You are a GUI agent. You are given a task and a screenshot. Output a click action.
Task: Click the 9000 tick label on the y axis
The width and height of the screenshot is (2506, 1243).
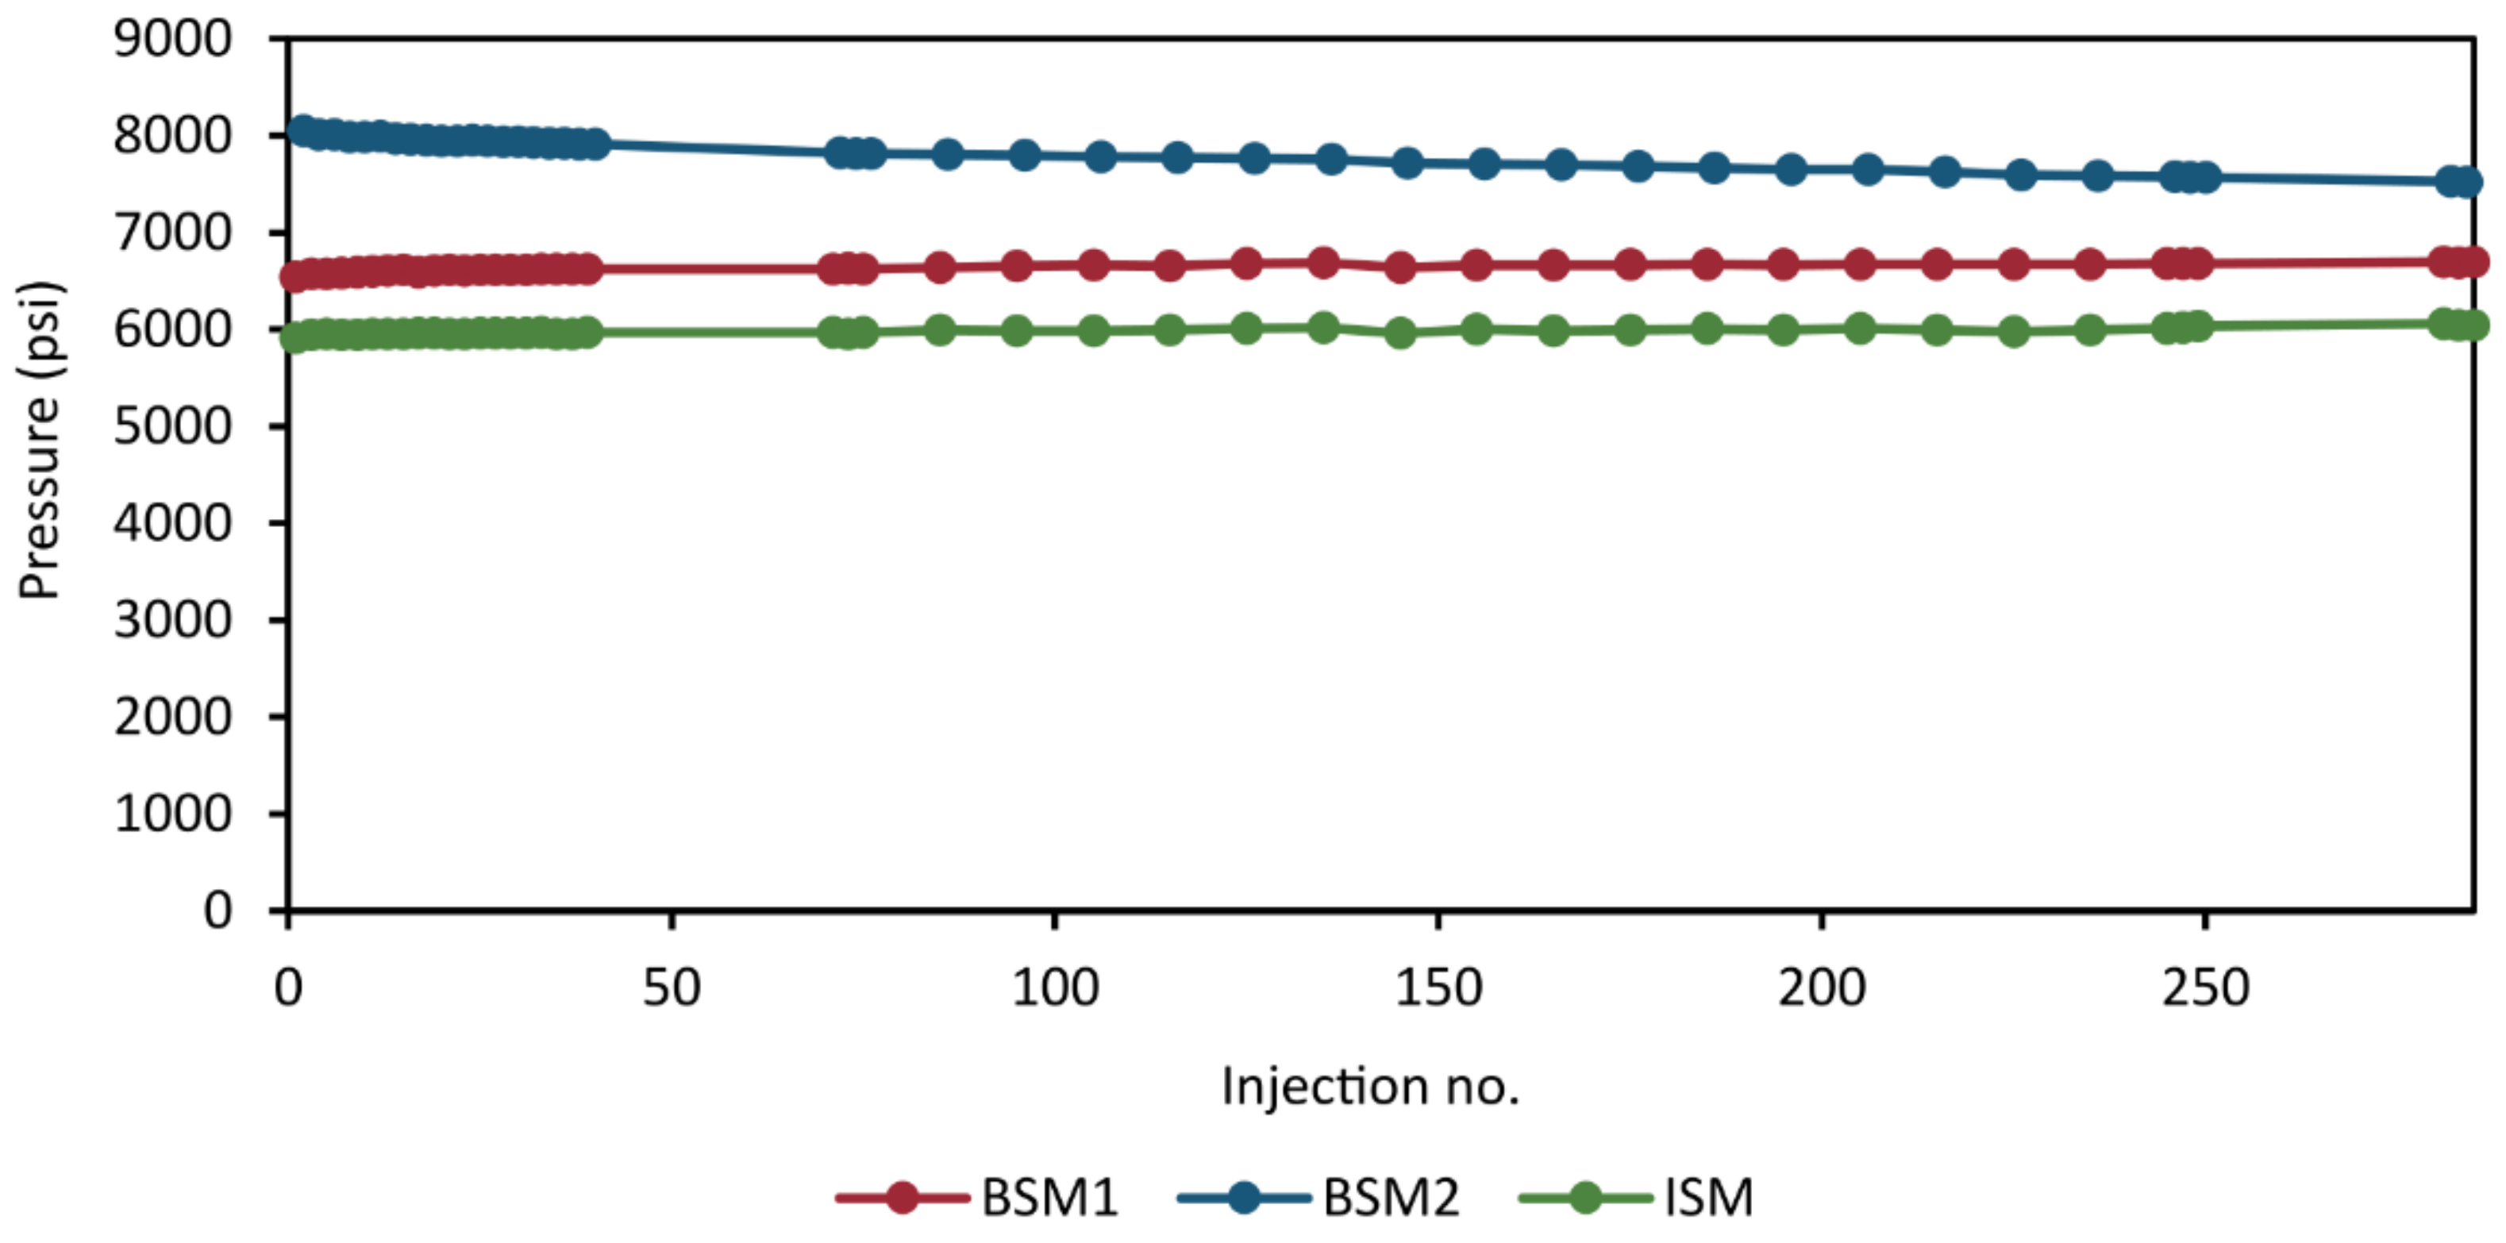click(x=172, y=40)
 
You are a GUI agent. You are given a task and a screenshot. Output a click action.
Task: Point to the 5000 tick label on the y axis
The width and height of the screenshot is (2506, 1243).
click(x=172, y=426)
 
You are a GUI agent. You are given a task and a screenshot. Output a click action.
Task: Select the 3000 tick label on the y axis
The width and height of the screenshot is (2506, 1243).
click(x=172, y=620)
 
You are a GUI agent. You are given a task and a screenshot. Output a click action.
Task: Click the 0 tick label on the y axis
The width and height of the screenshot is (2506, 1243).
click(x=218, y=910)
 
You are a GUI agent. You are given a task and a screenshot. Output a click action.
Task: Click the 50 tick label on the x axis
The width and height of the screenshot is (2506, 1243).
click(x=672, y=988)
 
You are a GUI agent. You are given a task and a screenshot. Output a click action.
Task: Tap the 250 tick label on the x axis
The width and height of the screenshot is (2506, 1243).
click(x=2204, y=988)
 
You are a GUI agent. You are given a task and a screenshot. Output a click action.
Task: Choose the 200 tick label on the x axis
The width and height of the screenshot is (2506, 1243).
click(x=1821, y=988)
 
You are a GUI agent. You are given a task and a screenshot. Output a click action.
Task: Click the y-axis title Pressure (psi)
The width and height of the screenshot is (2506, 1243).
click(x=40, y=441)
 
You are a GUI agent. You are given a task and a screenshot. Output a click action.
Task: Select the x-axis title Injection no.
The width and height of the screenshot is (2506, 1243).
click(x=1370, y=1087)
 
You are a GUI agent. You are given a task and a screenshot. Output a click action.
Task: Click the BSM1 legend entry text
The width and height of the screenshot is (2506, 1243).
click(x=1049, y=1197)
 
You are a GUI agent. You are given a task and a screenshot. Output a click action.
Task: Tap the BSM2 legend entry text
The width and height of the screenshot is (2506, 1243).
click(x=1392, y=1197)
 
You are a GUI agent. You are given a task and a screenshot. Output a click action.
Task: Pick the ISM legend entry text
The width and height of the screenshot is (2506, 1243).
click(x=1708, y=1197)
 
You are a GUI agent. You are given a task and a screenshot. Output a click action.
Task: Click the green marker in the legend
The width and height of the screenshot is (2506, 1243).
click(x=1586, y=1197)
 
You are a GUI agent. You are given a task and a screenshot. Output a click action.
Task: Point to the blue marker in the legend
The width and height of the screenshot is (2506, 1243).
click(x=1243, y=1197)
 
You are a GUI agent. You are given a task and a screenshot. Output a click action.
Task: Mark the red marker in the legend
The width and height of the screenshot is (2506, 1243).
click(x=903, y=1197)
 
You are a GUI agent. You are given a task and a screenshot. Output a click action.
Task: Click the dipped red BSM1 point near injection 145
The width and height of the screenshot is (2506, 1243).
click(x=1400, y=267)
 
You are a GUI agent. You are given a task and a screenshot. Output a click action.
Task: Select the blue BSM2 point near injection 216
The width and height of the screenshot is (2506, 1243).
click(x=1944, y=172)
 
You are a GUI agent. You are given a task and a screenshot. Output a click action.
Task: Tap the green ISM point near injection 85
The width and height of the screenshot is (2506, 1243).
click(x=940, y=329)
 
